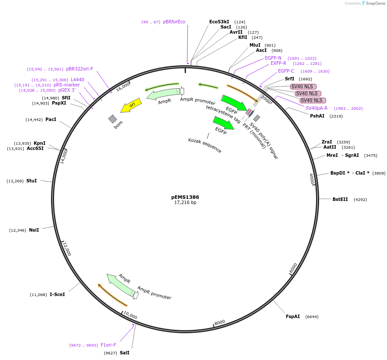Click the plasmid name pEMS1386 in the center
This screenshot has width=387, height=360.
click(x=185, y=197)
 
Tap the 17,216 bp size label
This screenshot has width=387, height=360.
click(x=185, y=202)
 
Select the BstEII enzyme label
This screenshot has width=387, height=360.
click(x=340, y=199)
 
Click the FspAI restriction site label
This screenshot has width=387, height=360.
click(x=293, y=317)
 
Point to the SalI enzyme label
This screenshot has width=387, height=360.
click(x=125, y=353)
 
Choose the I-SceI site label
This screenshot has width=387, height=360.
click(x=57, y=294)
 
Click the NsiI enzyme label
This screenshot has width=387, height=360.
click(x=34, y=230)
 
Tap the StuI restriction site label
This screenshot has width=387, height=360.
click(x=32, y=181)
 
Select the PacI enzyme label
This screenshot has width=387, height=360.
click(x=51, y=119)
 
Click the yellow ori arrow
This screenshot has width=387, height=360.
click(x=130, y=106)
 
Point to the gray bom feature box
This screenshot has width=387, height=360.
click(x=112, y=118)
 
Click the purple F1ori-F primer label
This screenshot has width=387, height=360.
click(x=108, y=345)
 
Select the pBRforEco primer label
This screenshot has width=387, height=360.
click(x=174, y=22)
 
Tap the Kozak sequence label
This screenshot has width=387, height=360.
click(x=205, y=146)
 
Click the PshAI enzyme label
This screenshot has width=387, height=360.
click(x=317, y=116)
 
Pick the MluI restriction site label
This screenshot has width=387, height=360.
click(x=255, y=45)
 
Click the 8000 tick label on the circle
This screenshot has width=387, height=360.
click(x=220, y=322)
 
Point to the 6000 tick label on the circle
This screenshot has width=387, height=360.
click(x=293, y=268)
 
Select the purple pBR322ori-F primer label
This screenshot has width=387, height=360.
click(x=80, y=69)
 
